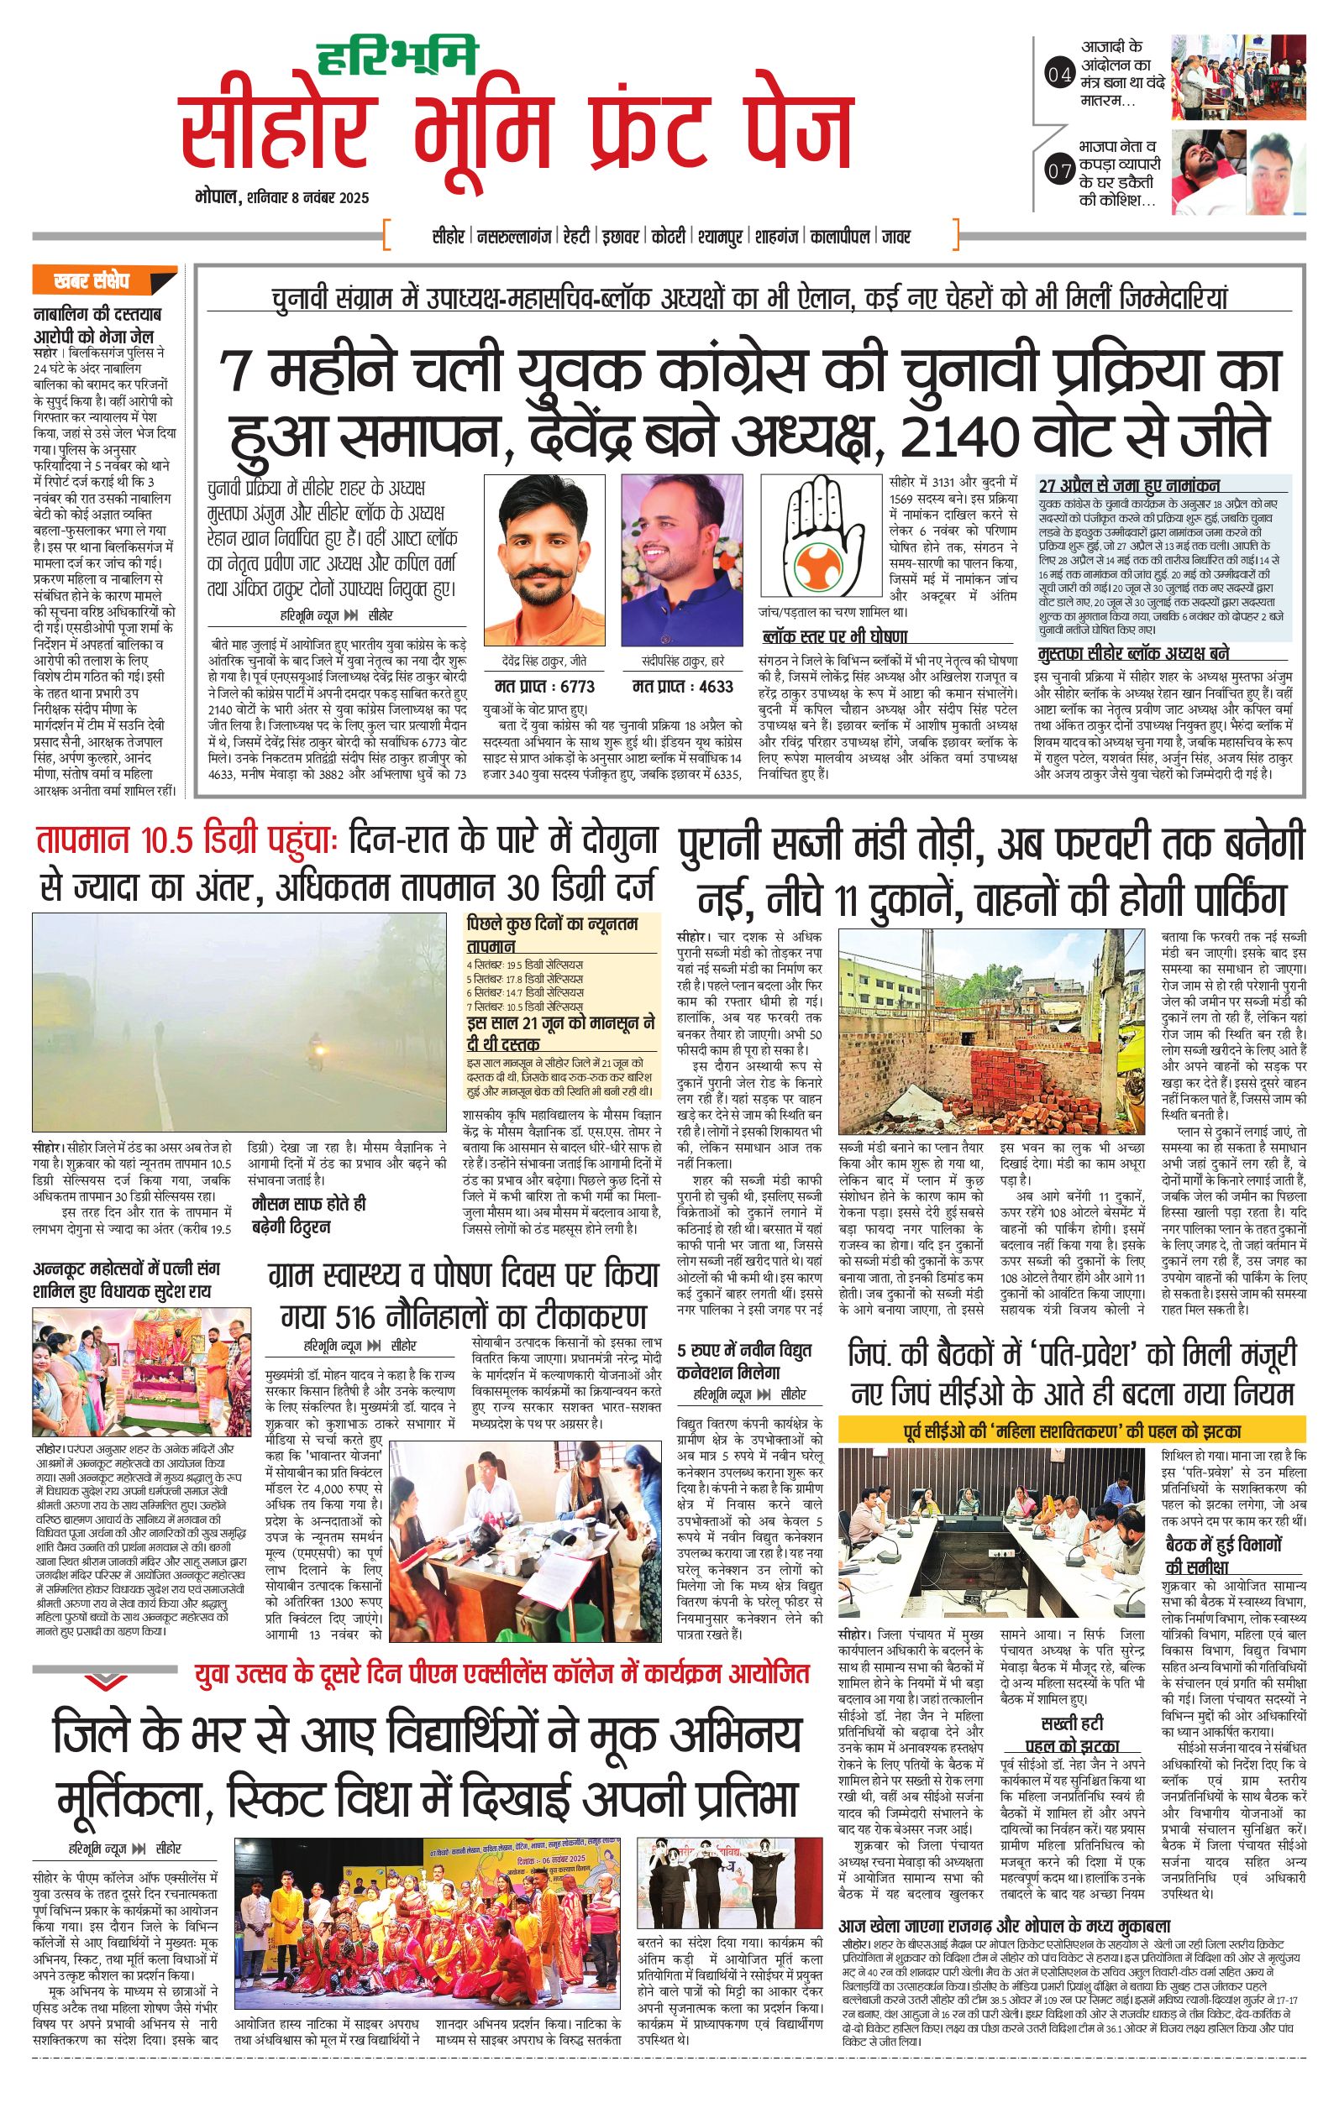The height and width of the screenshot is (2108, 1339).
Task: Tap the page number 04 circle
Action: (1058, 76)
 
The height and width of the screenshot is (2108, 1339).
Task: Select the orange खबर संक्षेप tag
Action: (91, 282)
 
